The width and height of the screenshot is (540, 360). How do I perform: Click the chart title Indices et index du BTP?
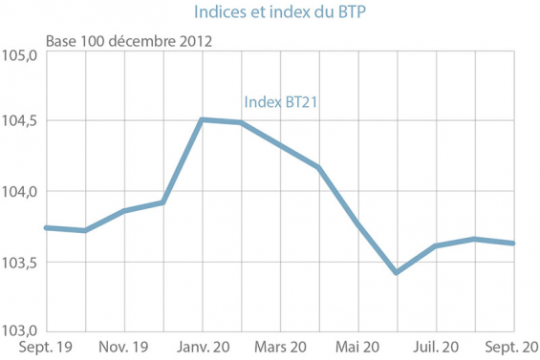pyautogui.click(x=270, y=12)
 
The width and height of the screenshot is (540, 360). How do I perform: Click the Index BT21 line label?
pyautogui.click(x=281, y=103)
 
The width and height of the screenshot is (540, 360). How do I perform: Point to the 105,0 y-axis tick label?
pyautogui.click(x=20, y=55)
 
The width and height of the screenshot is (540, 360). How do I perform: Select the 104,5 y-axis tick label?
pyautogui.click(x=20, y=121)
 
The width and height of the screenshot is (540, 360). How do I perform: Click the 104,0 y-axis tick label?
pyautogui.click(x=20, y=192)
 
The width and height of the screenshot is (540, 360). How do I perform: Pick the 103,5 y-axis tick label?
pyautogui.click(x=20, y=263)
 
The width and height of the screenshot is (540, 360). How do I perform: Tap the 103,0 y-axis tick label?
pyautogui.click(x=20, y=329)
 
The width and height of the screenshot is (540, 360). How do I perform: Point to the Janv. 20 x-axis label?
pyautogui.click(x=203, y=348)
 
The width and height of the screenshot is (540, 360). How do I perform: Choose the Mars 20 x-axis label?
pyautogui.click(x=280, y=348)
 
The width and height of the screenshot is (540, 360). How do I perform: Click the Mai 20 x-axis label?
pyautogui.click(x=358, y=348)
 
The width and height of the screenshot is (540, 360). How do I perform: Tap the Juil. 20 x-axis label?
pyautogui.click(x=437, y=348)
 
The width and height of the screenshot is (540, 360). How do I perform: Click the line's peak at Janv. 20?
pyautogui.click(x=202, y=119)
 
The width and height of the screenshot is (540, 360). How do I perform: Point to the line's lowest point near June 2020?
pyautogui.click(x=397, y=273)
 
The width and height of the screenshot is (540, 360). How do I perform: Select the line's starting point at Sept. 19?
pyautogui.click(x=47, y=227)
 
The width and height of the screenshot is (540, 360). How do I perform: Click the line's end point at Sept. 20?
pyautogui.click(x=514, y=243)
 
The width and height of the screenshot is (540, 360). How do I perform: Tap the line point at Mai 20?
pyautogui.click(x=358, y=224)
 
